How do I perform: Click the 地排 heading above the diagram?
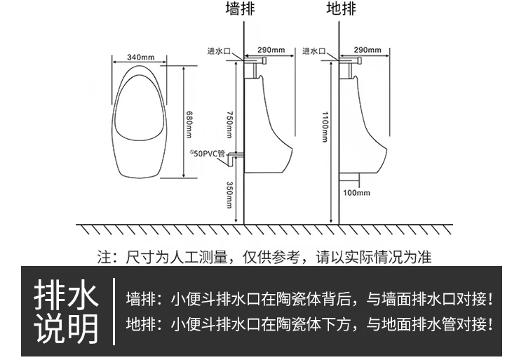[x=342, y=9]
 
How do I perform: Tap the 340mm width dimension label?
[x=141, y=57]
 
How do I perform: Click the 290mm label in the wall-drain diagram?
[x=271, y=49]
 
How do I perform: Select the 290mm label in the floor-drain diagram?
[x=367, y=49]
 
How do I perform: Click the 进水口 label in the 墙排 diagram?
[x=218, y=51]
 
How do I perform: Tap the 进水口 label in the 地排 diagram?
[x=313, y=51]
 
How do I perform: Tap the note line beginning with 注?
[x=264, y=257]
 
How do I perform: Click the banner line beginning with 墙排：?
[x=309, y=299]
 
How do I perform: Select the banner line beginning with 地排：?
[x=309, y=324]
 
